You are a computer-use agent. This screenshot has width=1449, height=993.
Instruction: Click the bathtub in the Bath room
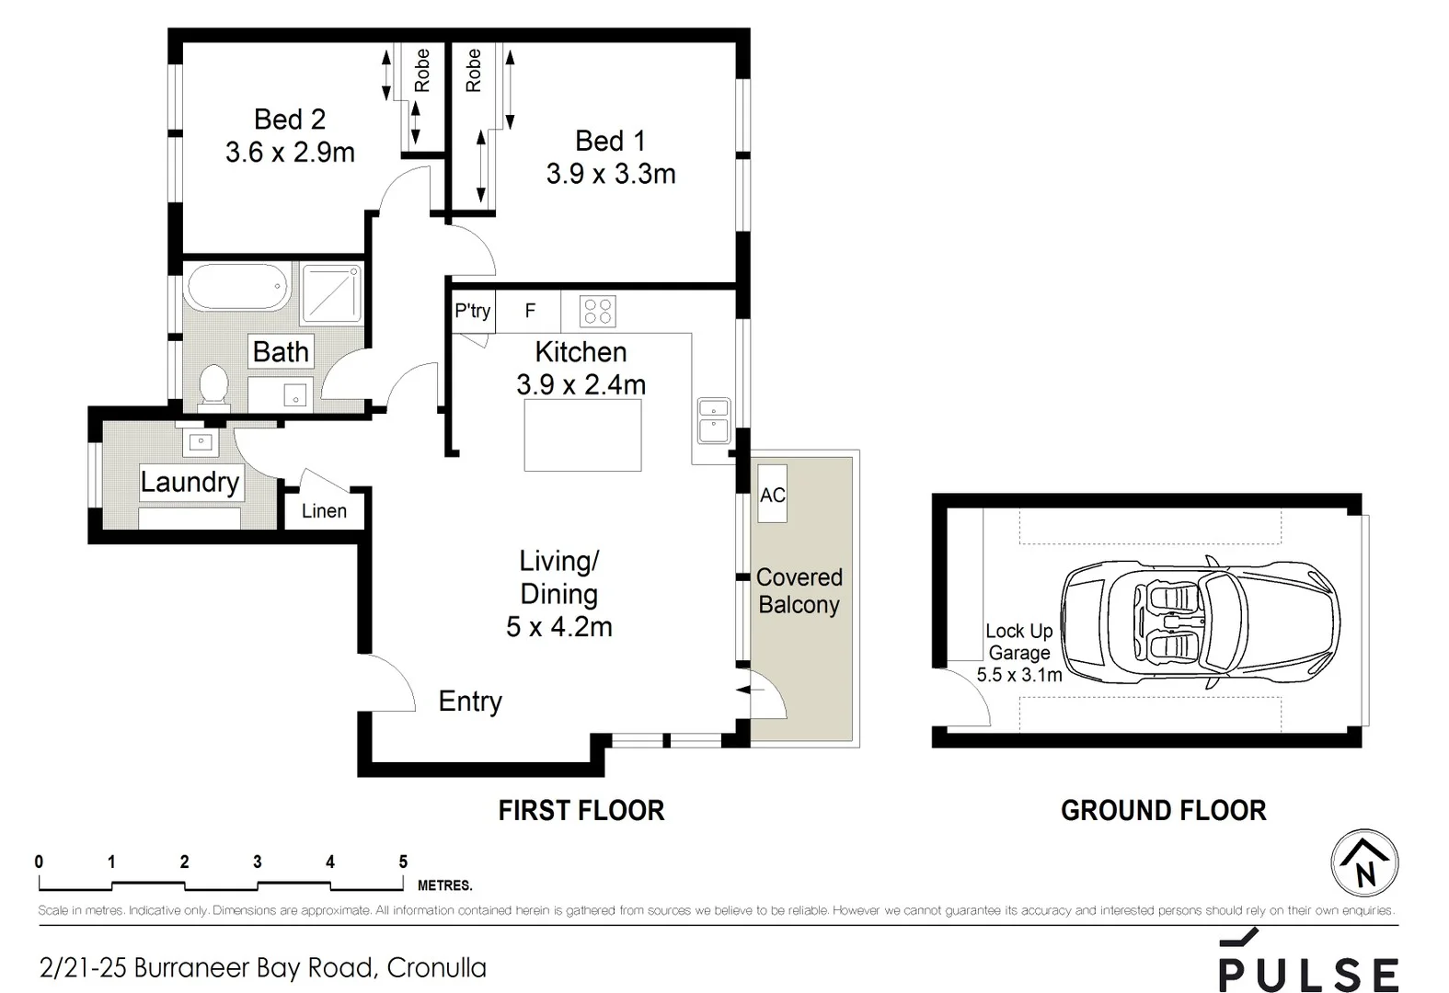(x=237, y=288)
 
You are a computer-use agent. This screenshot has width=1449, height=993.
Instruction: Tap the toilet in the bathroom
(x=214, y=384)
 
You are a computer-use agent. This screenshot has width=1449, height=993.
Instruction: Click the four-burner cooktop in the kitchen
(x=597, y=312)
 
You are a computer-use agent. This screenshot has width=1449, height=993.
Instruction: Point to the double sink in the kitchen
(x=714, y=420)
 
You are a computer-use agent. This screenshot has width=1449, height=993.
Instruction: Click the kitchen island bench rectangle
(x=582, y=437)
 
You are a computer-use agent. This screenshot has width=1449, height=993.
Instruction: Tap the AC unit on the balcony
(x=772, y=495)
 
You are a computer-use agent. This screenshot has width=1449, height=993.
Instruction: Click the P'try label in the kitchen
(x=472, y=311)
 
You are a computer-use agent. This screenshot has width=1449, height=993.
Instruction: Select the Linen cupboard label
(x=324, y=511)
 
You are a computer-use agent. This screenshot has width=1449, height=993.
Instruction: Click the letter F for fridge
(x=530, y=311)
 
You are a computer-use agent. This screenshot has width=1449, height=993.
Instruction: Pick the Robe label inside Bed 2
(x=421, y=71)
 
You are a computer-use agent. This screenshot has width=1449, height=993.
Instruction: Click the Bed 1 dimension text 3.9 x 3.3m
(x=611, y=174)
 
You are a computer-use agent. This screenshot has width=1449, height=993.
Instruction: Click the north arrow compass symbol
(x=1365, y=863)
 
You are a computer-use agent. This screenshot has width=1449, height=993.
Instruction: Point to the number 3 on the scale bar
(x=258, y=862)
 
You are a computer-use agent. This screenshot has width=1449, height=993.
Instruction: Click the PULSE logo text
(x=1308, y=973)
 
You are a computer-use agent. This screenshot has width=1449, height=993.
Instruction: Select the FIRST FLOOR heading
(x=581, y=810)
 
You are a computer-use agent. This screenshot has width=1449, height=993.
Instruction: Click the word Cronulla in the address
(x=436, y=968)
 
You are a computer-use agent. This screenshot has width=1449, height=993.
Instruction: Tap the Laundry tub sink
(x=201, y=443)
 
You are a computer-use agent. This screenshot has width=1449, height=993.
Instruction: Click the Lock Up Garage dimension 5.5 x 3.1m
(x=1018, y=675)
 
